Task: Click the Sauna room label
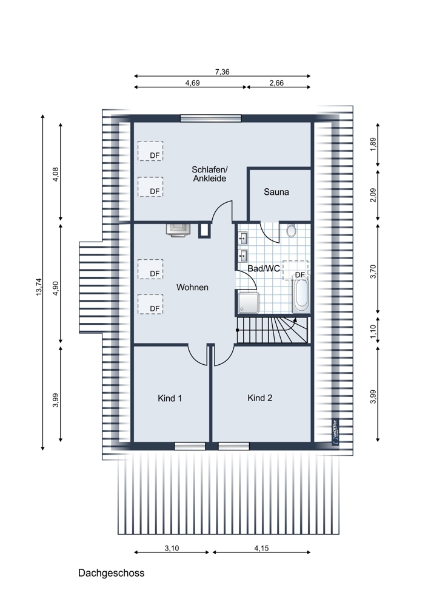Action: pos(276,192)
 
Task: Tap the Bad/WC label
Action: pos(264,268)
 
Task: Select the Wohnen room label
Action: pos(192,287)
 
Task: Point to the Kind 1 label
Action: pos(170,398)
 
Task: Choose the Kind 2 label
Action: pos(260,398)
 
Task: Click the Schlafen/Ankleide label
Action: pos(210,174)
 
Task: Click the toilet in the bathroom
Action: pos(291,231)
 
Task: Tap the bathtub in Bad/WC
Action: pos(301,296)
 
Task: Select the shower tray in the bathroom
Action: pos(248,303)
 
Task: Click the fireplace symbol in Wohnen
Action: pos(178,229)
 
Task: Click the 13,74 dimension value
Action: pos(38,287)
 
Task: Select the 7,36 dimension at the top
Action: pos(222,72)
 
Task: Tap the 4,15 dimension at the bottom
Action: pos(261,548)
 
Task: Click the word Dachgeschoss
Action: pos(112,573)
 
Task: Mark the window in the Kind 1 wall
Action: pos(190,446)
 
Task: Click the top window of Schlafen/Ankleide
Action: pos(211,118)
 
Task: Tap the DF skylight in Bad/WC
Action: pos(296,270)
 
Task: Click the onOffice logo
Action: pos(335,432)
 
